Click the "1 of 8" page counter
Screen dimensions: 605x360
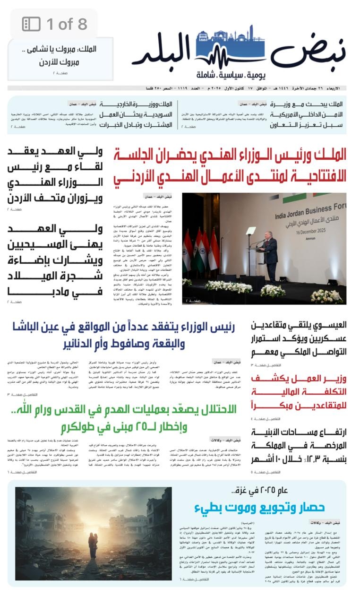click(67, 24)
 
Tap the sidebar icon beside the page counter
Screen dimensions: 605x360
click(32, 24)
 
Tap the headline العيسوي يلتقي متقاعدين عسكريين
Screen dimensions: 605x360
click(299, 338)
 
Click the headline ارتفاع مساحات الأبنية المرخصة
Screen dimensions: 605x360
click(299, 445)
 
